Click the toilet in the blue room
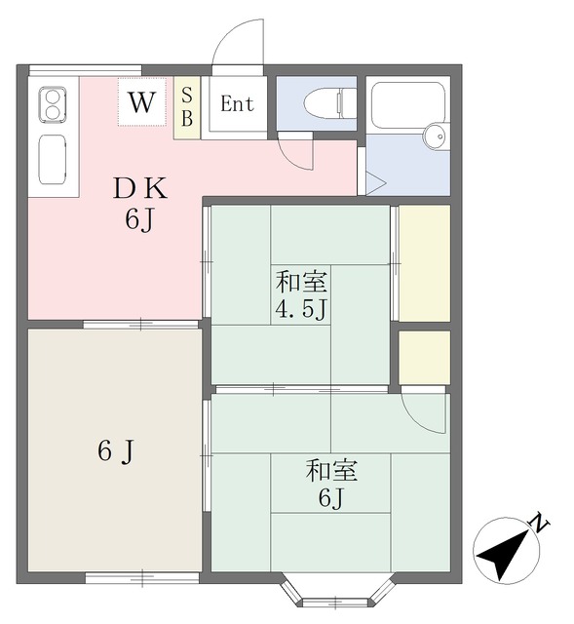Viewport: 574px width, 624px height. pos(329,103)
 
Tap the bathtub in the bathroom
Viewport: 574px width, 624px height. pos(407,105)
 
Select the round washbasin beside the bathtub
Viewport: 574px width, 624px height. pos(436,136)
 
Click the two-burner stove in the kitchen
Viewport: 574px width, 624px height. pos(53,105)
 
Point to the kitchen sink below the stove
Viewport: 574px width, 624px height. pos(52,160)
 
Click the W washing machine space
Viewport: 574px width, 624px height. pos(141,102)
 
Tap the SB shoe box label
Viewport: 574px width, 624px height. pos(187,106)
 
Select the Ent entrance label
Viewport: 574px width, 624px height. pos(237,104)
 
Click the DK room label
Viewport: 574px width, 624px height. pos(140,188)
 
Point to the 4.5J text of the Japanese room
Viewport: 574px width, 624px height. pos(301,308)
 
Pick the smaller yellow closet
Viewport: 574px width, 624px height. pos(425,358)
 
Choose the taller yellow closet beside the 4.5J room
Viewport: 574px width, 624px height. pos(425,263)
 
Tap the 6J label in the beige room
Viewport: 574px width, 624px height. pos(116,451)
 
